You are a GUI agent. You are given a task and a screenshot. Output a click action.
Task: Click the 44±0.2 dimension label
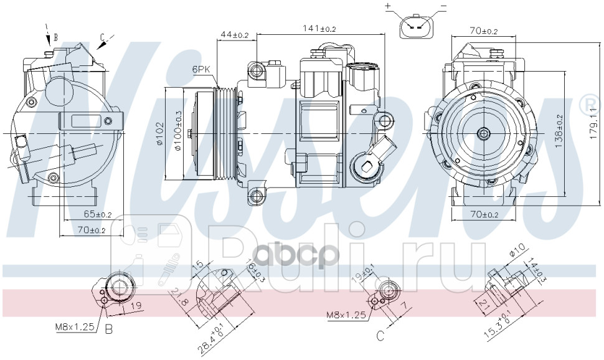[234, 36]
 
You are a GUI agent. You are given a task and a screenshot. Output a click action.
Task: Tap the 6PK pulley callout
[201, 70]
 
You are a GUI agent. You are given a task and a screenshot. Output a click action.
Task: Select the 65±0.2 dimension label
[97, 215]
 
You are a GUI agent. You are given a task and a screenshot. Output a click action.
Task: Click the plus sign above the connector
[387, 6]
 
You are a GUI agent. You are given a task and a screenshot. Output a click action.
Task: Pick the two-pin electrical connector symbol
[415, 27]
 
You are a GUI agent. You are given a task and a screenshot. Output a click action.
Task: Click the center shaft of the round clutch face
[483, 133]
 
